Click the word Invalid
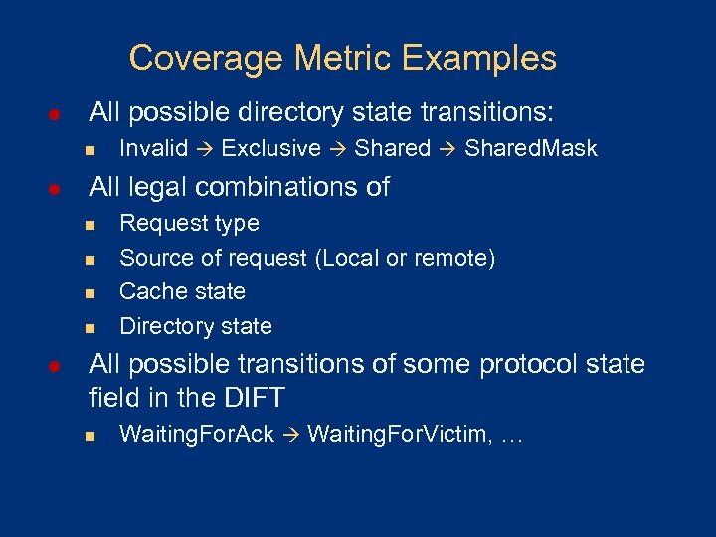154,149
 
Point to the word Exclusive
271,149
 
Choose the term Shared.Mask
531,149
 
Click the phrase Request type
189,224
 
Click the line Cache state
182,291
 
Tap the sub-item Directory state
195,326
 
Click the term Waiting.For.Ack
197,435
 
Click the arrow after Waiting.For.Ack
291,435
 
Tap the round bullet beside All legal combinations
57,188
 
